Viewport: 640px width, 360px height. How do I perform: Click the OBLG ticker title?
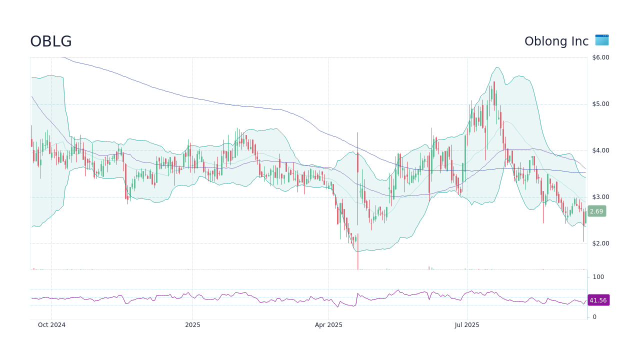(x=51, y=41)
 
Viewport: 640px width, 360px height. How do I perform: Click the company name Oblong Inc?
(x=556, y=41)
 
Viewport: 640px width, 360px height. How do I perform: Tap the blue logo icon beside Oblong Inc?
(x=602, y=40)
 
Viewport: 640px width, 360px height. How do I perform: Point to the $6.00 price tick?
(x=600, y=57)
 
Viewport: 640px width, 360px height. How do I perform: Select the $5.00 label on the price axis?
(x=600, y=104)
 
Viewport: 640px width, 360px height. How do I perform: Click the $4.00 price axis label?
(x=600, y=150)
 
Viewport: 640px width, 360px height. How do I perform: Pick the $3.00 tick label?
(x=600, y=197)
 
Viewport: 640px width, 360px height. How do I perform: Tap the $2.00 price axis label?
(x=600, y=243)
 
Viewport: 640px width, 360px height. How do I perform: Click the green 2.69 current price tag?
(x=596, y=211)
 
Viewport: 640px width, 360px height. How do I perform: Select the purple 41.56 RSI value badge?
(x=598, y=300)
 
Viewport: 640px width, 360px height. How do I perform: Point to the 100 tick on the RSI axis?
(x=598, y=277)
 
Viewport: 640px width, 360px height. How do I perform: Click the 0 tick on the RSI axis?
(x=594, y=317)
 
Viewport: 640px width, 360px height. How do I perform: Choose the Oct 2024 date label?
(x=51, y=325)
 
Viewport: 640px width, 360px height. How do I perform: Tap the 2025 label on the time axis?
(x=192, y=325)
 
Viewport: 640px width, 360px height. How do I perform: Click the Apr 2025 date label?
(x=328, y=325)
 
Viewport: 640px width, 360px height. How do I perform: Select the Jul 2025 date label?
(x=467, y=325)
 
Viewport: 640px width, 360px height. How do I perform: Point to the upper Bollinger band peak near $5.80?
(x=497, y=67)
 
